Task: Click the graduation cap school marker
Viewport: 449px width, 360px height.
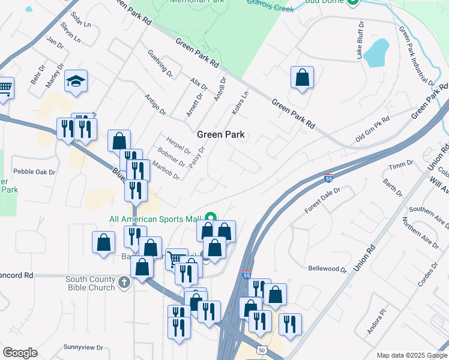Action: (x=76, y=80)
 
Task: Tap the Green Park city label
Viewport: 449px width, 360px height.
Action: (x=221, y=135)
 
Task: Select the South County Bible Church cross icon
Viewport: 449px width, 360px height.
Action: (x=124, y=281)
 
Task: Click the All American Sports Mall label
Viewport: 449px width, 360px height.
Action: (x=156, y=219)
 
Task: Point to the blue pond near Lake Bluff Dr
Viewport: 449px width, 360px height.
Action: (x=375, y=53)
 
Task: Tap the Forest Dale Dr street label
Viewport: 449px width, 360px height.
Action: (x=322, y=200)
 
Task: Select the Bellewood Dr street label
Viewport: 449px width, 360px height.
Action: (x=327, y=269)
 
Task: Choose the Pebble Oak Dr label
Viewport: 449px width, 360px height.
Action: (x=34, y=172)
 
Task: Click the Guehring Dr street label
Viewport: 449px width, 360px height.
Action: (x=160, y=64)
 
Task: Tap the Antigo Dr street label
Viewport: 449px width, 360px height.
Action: (x=155, y=104)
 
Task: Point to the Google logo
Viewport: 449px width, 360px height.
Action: (x=20, y=353)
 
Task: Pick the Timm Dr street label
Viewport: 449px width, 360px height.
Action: (x=401, y=164)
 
